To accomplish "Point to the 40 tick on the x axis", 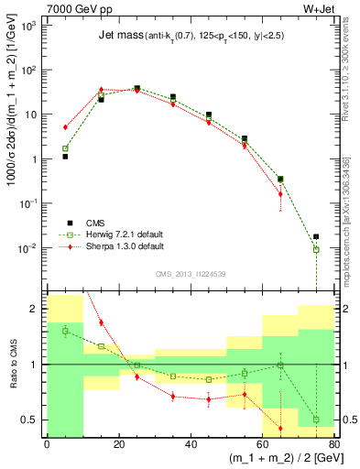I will pos(191,445).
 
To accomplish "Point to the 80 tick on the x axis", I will pos(334,445).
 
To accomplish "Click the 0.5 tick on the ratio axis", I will pos(34,420).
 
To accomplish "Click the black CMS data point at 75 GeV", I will pos(316,236).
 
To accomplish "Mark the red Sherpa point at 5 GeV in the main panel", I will pos(65,127).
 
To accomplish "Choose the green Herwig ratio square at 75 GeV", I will pos(316,420).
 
